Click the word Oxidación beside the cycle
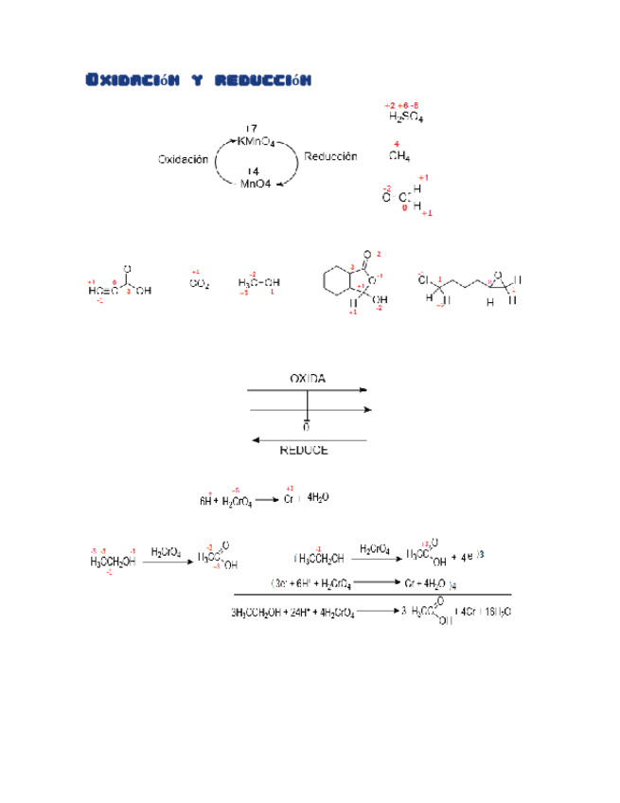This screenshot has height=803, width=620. (183, 160)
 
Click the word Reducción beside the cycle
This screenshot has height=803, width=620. (330, 156)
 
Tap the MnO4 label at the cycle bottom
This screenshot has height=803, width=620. (255, 185)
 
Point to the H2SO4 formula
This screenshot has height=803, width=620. (406, 117)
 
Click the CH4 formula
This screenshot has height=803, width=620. (399, 157)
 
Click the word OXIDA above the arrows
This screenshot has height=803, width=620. (308, 378)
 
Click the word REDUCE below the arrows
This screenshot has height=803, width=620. (305, 451)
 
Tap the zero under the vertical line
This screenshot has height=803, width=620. (307, 427)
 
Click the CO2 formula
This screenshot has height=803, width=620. (199, 282)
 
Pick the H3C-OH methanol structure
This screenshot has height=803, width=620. (258, 282)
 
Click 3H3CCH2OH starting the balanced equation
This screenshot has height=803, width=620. (255, 612)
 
